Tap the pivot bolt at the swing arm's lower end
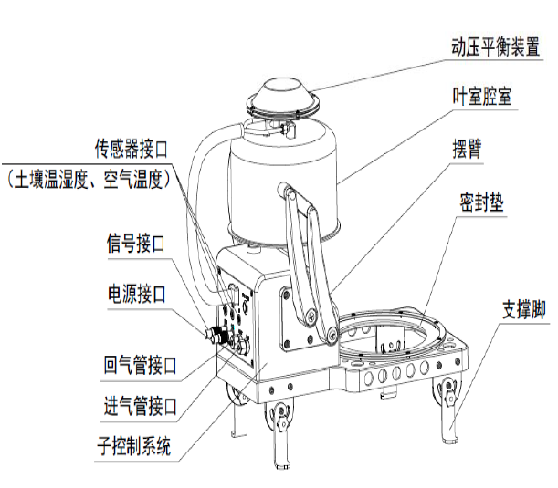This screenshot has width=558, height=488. (x=314, y=315)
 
